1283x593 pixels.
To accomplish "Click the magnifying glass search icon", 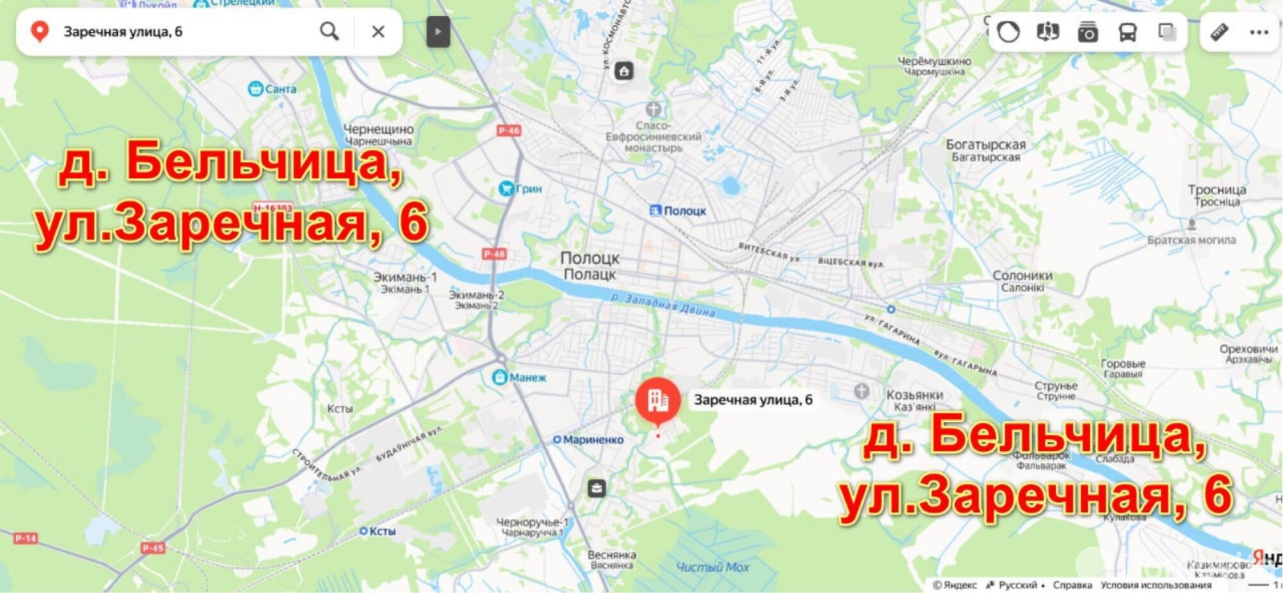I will (x=329, y=31).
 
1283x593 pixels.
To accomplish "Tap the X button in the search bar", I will (x=378, y=31).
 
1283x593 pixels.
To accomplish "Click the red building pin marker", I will (x=658, y=400).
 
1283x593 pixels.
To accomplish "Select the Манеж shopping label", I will (x=527, y=377).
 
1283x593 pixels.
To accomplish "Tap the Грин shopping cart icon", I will (x=506, y=189).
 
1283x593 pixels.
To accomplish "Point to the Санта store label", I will (x=280, y=89).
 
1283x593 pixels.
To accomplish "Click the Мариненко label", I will (x=593, y=440).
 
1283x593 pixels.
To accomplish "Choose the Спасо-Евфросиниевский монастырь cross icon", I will (x=654, y=109).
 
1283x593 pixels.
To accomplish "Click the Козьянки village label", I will (x=914, y=395).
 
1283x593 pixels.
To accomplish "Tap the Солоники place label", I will (x=1022, y=275).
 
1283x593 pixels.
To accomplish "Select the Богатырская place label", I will (x=986, y=145).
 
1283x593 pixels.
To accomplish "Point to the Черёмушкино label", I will (x=934, y=61).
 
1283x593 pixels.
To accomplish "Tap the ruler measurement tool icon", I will (x=1219, y=32).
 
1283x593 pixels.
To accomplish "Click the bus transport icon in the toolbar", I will (x=1127, y=32).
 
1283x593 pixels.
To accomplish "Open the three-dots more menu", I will (x=1259, y=32).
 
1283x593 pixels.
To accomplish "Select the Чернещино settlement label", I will (x=378, y=129).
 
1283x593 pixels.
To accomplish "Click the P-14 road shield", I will (x=25, y=538).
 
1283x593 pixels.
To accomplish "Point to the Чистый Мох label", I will (x=712, y=567).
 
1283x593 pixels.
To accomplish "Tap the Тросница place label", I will (x=1216, y=190).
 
